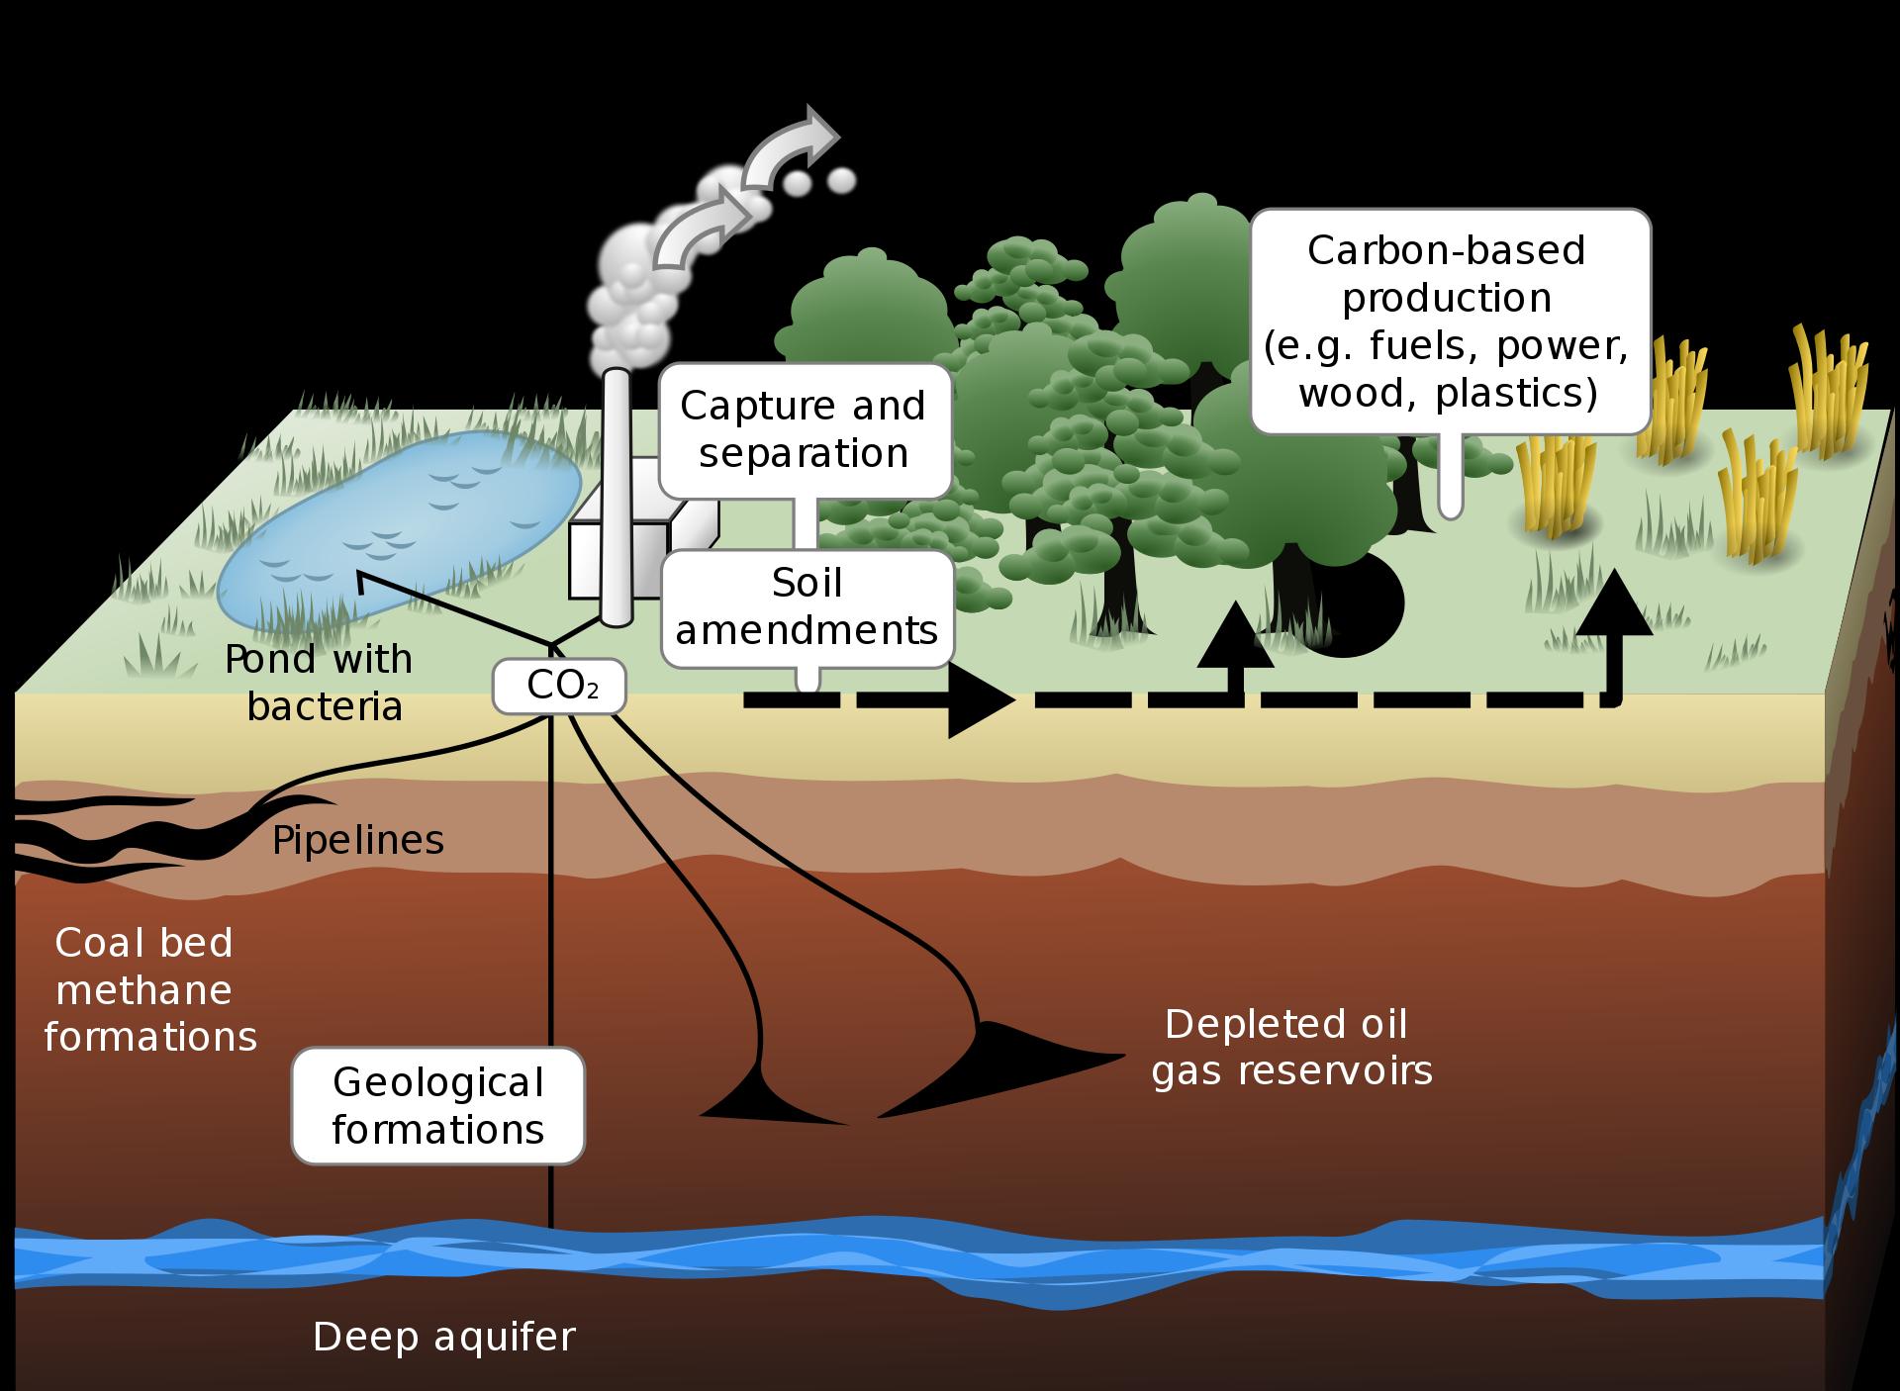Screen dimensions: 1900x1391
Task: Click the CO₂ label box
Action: click(x=559, y=686)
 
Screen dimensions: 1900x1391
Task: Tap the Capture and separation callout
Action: click(x=804, y=430)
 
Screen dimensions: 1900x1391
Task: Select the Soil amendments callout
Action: click(x=807, y=607)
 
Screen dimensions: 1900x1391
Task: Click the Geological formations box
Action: click(x=437, y=1105)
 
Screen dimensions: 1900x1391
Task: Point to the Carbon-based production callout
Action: click(x=1450, y=322)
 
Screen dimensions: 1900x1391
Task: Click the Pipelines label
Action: click(x=357, y=840)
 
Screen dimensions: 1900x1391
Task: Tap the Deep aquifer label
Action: click(x=443, y=1337)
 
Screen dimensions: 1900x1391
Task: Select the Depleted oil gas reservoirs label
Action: click(x=1291, y=1048)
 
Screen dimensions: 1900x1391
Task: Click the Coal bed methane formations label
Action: click(x=149, y=989)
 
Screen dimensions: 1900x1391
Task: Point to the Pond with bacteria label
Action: click(x=319, y=683)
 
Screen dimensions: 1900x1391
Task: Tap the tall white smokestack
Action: click(x=616, y=498)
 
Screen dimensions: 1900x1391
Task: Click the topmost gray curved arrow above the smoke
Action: click(x=792, y=146)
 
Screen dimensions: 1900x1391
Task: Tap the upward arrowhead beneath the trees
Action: click(x=1235, y=634)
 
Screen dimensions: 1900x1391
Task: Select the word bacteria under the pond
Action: click(x=325, y=705)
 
